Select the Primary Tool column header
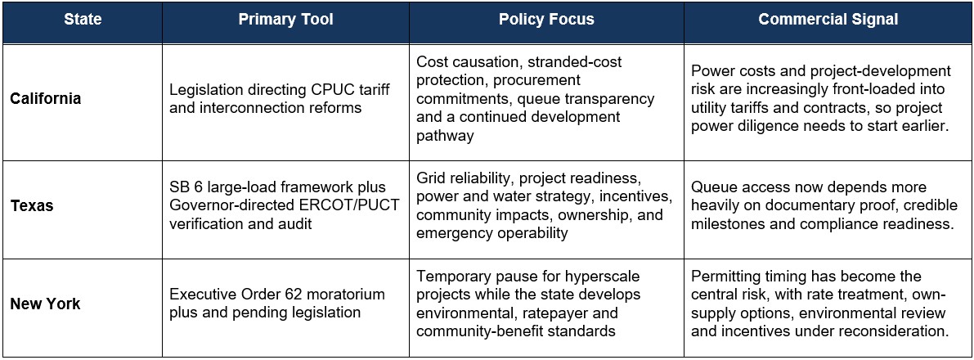pos(285,20)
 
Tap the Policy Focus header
pos(546,20)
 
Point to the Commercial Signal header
pos(828,20)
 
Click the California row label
pos(46,98)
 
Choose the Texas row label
pos(32,205)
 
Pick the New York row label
pos(45,304)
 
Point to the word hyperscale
pos(604,276)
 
